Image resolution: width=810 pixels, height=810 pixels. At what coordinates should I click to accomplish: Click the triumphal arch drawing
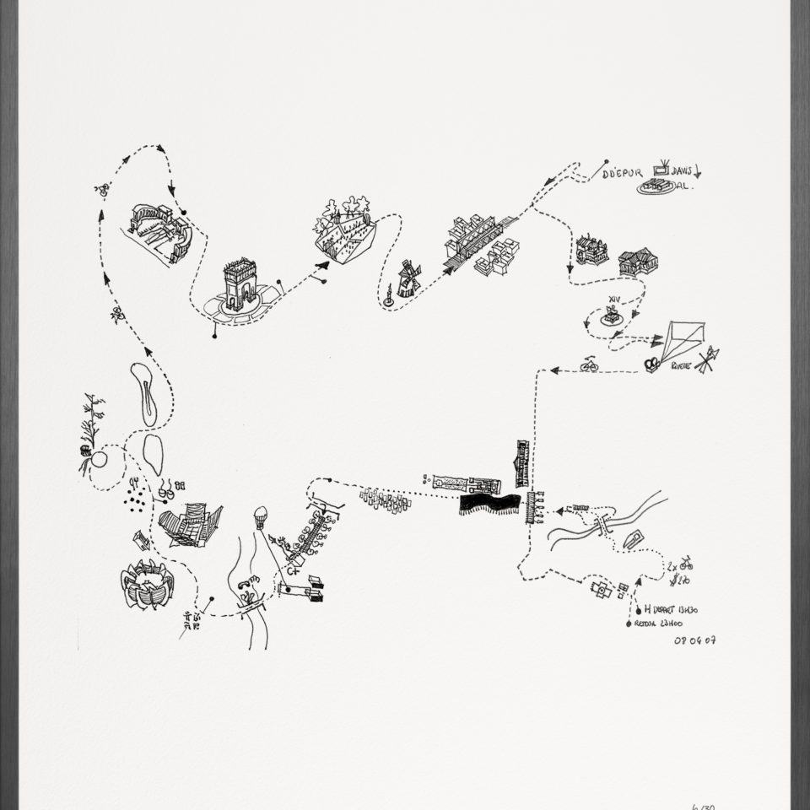point(239,285)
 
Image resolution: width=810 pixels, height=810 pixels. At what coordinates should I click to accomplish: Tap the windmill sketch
point(408,279)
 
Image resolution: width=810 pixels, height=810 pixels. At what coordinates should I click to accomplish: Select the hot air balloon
point(262,516)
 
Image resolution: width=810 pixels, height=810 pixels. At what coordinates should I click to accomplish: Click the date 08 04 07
point(694,640)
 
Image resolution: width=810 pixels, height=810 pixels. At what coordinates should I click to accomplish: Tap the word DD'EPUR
point(623,174)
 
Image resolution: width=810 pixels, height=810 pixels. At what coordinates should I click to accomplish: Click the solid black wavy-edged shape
point(489,505)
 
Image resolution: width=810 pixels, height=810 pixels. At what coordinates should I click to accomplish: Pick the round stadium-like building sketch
point(148,584)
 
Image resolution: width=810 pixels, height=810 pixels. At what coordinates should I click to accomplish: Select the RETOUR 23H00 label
point(658,624)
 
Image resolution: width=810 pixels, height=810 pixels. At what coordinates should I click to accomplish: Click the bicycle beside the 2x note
point(686,563)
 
